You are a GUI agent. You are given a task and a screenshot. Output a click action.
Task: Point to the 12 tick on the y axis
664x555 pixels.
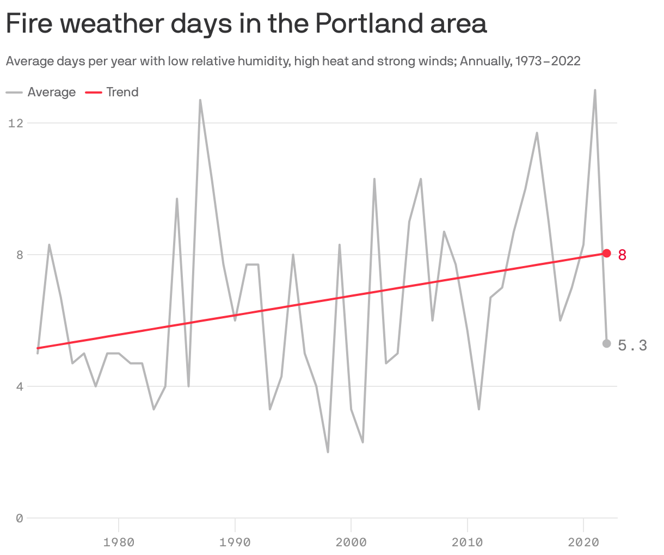[16, 123]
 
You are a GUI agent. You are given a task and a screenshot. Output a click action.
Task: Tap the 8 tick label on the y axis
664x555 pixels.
[20, 255]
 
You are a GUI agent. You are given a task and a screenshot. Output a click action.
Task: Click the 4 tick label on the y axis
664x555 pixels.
[20, 387]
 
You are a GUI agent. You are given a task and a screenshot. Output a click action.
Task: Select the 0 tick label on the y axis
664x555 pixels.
[20, 519]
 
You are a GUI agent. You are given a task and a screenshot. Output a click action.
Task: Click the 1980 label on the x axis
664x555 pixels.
[119, 542]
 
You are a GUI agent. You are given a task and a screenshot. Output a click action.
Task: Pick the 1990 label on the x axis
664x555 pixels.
[235, 542]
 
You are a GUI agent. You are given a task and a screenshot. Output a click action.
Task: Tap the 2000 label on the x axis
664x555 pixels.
[351, 542]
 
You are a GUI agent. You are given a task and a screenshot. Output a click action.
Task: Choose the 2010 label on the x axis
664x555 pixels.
[467, 542]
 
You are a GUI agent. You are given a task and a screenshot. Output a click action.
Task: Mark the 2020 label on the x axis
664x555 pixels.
[583, 542]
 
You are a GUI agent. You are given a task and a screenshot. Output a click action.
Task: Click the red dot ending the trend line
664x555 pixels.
[606, 253]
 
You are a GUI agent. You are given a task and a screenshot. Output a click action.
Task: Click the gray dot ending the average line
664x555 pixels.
[606, 343]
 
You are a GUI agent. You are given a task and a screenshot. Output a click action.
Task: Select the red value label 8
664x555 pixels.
[623, 254]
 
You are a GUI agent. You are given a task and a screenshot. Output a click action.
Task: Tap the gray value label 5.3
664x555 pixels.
[632, 345]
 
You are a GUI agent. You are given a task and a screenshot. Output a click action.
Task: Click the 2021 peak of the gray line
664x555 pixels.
[595, 90]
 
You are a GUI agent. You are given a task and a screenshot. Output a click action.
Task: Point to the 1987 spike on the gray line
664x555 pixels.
[200, 100]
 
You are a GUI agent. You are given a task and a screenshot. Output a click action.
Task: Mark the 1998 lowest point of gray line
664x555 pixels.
[328, 452]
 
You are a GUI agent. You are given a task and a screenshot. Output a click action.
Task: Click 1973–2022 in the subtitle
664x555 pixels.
[548, 61]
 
